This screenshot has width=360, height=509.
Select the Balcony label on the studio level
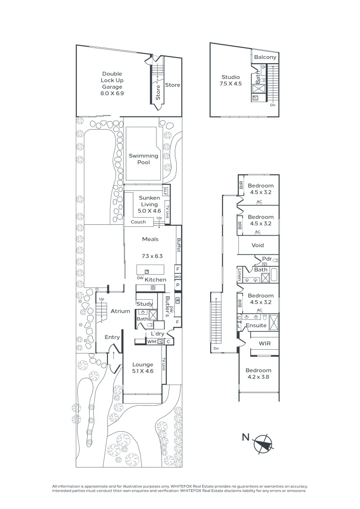(265, 57)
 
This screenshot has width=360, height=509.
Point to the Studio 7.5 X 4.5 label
(231, 81)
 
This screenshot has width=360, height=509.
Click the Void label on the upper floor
(258, 245)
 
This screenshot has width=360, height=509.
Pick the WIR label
(264, 344)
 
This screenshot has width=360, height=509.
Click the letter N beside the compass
(245, 437)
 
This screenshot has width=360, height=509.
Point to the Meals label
(150, 239)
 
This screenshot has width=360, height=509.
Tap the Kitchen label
(155, 279)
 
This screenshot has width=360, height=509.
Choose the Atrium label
(120, 312)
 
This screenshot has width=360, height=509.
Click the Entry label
(112, 337)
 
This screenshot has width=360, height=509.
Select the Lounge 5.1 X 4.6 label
(143, 368)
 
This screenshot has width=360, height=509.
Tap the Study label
(145, 304)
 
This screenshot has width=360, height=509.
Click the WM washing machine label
(152, 342)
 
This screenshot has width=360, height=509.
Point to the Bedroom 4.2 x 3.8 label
(258, 374)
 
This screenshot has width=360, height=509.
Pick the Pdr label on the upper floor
(267, 259)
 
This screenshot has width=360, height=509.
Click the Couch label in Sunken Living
(139, 222)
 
